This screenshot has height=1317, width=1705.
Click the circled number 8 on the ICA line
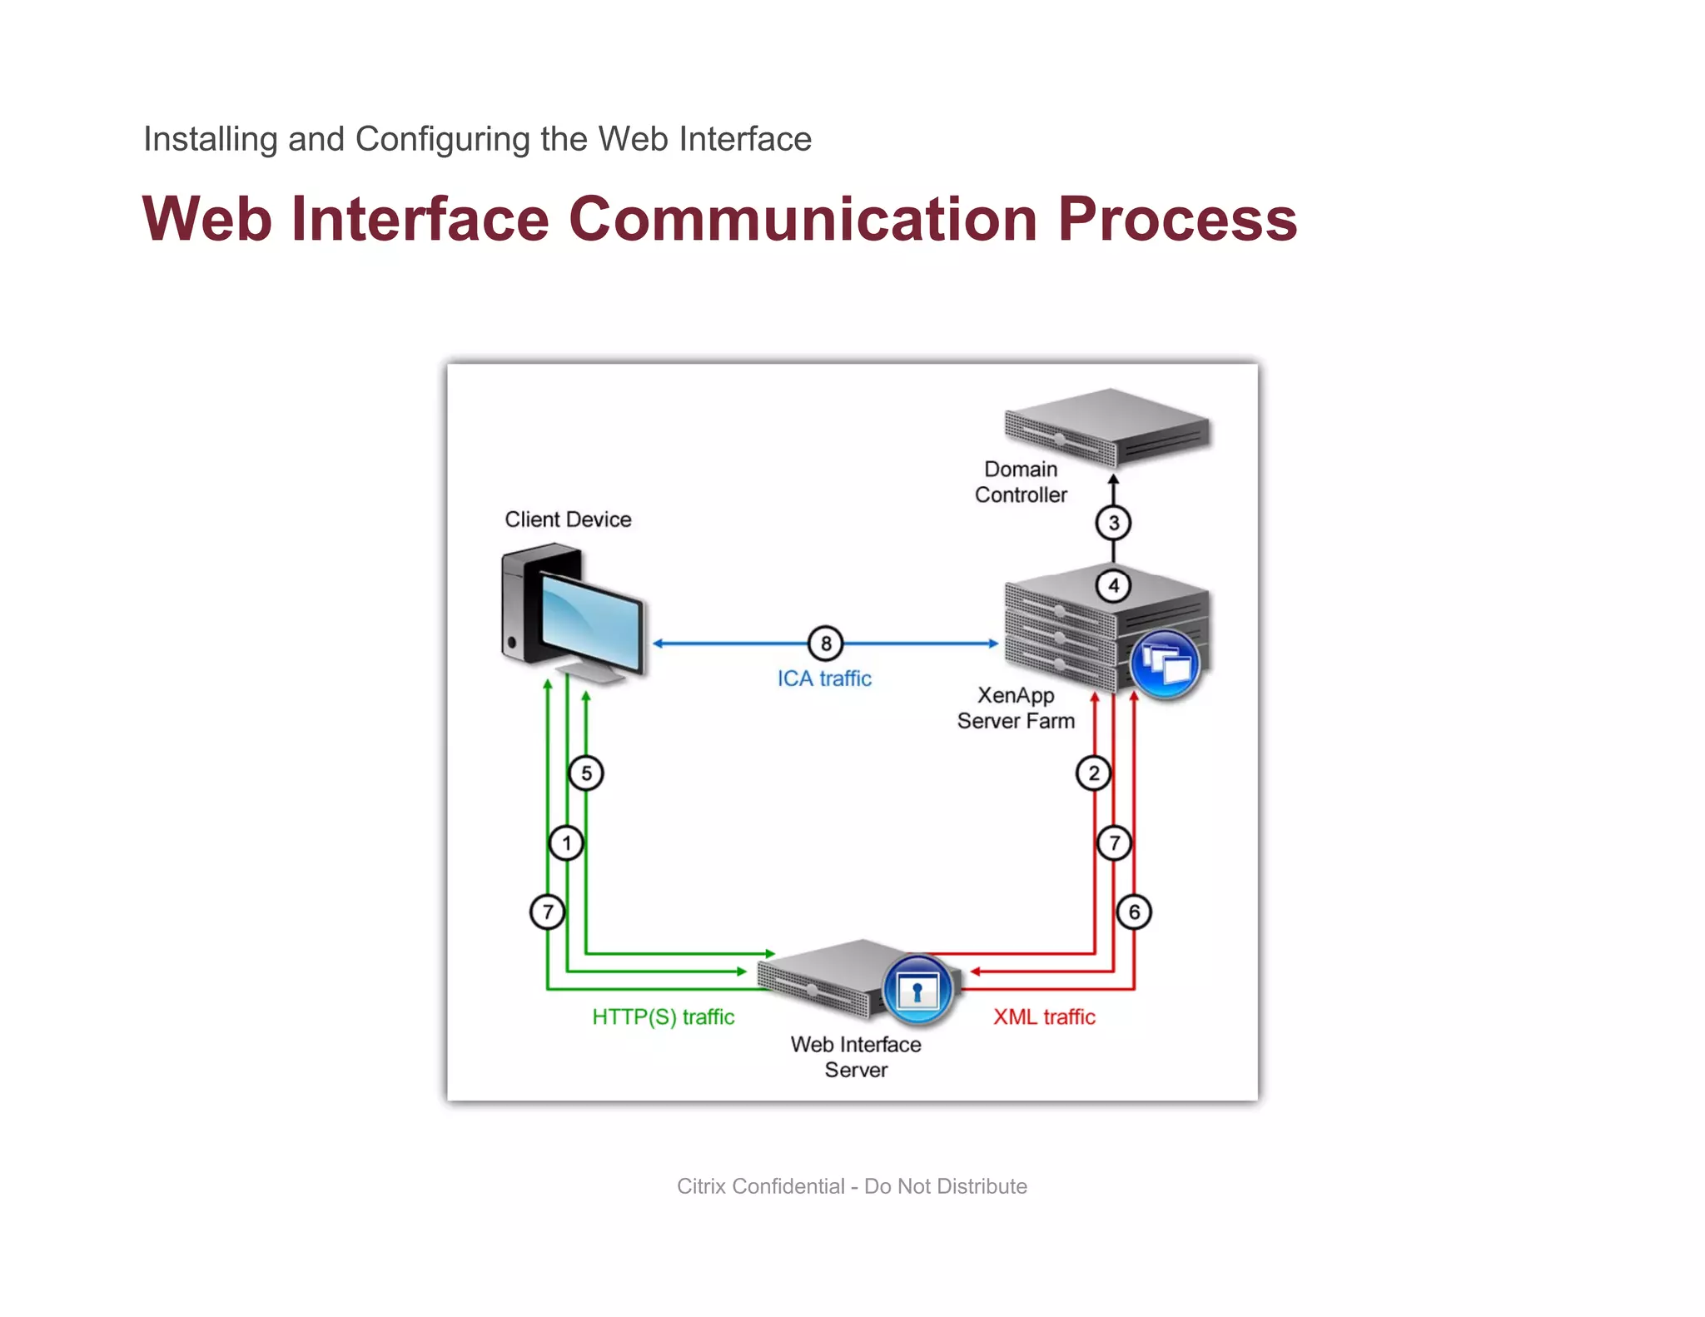click(x=825, y=643)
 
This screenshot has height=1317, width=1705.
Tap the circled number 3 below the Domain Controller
click(x=1113, y=523)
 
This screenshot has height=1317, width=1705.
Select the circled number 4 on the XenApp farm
click(x=1113, y=585)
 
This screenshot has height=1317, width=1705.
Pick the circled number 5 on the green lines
click(x=586, y=773)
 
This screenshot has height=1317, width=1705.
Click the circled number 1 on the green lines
click(x=566, y=843)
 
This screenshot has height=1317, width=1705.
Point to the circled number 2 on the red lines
click(x=1093, y=773)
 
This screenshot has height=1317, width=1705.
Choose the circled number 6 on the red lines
click(x=1134, y=912)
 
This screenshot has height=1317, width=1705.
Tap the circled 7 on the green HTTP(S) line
click(x=547, y=912)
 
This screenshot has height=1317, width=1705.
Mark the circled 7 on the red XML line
click(x=1114, y=843)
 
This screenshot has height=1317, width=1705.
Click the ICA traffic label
click(x=824, y=678)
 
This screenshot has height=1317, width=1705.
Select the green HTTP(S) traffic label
click(x=663, y=1016)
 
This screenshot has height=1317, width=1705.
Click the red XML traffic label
click(x=1044, y=1016)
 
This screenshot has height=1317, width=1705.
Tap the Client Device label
click(x=568, y=519)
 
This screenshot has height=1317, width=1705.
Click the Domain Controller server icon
click(x=1106, y=427)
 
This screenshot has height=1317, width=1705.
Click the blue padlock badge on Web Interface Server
click(x=917, y=991)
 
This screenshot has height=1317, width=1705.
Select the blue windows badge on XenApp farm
click(x=1166, y=664)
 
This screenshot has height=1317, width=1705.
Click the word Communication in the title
click(x=803, y=219)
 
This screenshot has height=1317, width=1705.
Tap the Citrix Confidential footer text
click(x=852, y=1186)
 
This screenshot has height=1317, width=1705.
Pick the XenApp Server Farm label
click(x=1016, y=708)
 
